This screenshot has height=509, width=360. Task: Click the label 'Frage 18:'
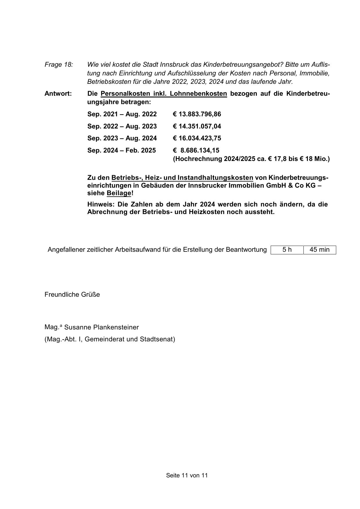[59, 64]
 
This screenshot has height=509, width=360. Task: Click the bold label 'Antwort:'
[58, 94]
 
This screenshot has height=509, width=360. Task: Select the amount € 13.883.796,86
[197, 114]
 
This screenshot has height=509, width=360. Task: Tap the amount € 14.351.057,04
[197, 126]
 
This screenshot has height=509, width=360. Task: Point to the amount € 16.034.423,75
[197, 138]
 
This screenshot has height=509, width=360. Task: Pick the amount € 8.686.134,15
[196, 151]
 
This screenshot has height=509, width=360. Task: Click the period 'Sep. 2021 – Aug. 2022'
[122, 114]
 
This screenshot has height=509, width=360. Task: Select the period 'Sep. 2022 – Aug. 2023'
[122, 126]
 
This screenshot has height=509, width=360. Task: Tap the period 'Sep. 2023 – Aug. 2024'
[122, 138]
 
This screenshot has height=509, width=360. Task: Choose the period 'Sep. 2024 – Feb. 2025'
[122, 151]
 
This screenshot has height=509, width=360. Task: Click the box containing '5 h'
[287, 250]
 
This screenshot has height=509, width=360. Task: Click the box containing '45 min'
[319, 250]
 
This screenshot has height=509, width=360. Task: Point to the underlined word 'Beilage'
[119, 193]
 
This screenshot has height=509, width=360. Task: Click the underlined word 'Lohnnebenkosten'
[198, 94]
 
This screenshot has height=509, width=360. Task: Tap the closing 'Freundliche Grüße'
[72, 295]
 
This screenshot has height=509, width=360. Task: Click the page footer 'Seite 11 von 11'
[187, 475]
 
